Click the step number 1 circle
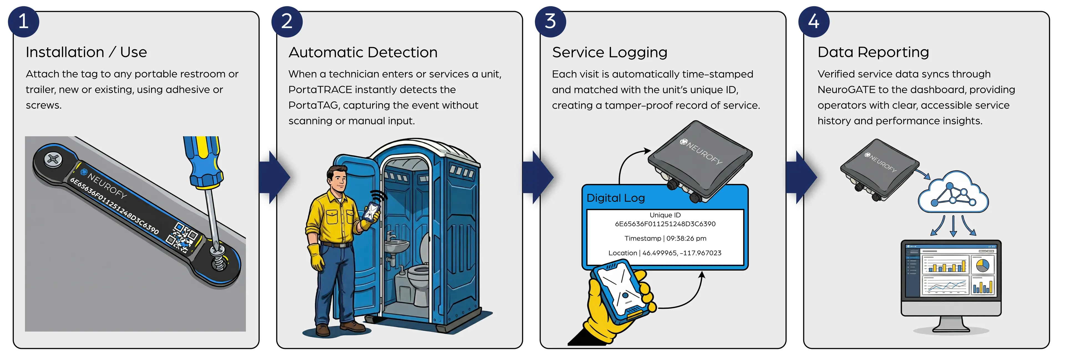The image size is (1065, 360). (24, 22)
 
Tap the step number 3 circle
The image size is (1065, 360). (550, 22)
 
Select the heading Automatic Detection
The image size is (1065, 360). (362, 52)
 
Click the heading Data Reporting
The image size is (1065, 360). (873, 52)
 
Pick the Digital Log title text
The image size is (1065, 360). (616, 198)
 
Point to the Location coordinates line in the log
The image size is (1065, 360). (665, 253)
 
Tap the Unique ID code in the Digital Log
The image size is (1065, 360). (665, 224)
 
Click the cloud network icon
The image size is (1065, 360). (953, 193)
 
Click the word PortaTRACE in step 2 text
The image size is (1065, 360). (320, 90)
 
